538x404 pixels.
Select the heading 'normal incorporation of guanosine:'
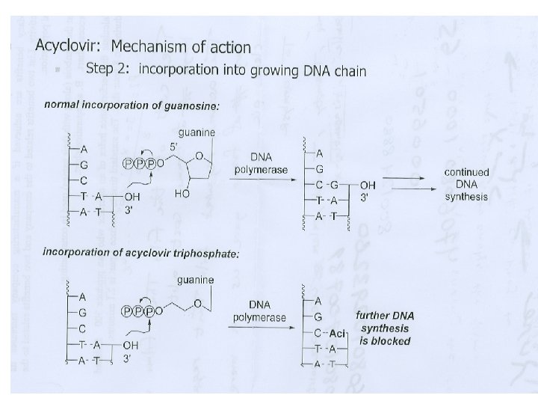(132, 105)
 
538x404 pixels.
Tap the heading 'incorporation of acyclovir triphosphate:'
(141, 252)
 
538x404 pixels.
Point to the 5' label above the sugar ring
(173, 147)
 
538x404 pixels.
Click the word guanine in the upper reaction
(197, 132)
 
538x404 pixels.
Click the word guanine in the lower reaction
(195, 281)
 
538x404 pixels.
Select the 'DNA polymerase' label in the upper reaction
(261, 165)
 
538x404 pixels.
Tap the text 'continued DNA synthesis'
(466, 184)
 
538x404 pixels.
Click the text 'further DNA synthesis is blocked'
(384, 328)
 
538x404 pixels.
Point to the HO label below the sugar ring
(181, 193)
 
